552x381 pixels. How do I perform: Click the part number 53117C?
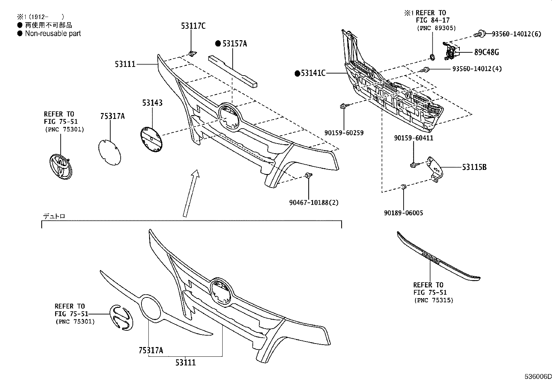click(193, 26)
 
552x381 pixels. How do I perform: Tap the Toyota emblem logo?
click(61, 167)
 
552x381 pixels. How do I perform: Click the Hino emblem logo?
click(121, 317)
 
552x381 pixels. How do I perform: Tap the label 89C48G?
click(486, 52)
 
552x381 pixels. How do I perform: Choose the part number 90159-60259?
click(344, 132)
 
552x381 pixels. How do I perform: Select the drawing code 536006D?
click(537, 376)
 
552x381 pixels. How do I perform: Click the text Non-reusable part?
click(53, 34)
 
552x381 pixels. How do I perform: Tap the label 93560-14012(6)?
click(516, 34)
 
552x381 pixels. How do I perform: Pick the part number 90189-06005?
click(403, 213)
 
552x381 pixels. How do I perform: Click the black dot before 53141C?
click(297, 73)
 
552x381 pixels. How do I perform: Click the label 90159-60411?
click(414, 138)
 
